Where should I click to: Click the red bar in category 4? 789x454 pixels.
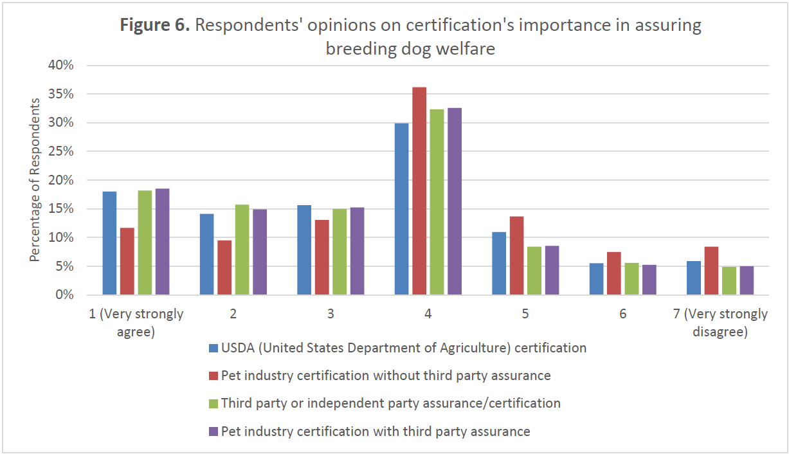click(419, 191)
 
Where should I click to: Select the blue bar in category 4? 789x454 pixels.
click(401, 209)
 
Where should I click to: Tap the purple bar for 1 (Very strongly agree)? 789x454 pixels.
click(162, 242)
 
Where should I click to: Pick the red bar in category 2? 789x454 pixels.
click(224, 268)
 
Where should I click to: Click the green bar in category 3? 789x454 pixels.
click(340, 252)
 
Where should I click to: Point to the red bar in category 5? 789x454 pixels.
click(516, 256)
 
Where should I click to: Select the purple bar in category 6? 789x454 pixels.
click(649, 280)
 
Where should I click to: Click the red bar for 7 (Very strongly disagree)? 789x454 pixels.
click(711, 271)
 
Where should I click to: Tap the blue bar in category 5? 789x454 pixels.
click(499, 264)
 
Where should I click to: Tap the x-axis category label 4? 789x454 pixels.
click(428, 314)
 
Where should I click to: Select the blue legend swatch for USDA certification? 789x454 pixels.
click(213, 349)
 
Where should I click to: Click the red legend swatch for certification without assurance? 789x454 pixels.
click(213, 376)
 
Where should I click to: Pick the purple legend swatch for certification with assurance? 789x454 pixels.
click(213, 431)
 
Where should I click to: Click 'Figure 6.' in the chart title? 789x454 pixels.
click(155, 26)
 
